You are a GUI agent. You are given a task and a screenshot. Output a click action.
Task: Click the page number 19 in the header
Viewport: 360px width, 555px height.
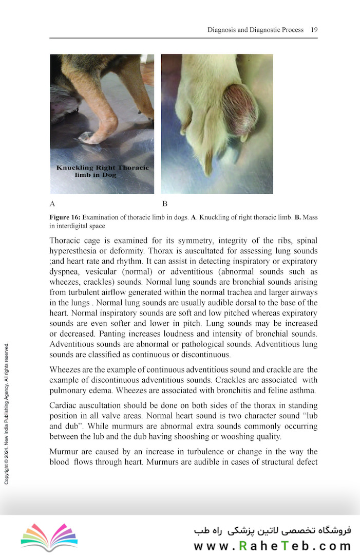314,30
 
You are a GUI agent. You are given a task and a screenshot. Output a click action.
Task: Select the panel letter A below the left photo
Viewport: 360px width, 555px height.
52,203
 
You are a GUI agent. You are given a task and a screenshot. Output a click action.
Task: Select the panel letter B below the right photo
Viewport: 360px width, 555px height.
165,203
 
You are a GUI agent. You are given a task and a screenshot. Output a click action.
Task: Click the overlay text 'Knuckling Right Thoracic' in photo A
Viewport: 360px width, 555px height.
102,168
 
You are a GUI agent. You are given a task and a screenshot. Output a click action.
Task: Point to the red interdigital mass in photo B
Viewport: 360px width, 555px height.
240,109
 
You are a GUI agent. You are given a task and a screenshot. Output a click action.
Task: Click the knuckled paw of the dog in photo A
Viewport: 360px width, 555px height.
89,137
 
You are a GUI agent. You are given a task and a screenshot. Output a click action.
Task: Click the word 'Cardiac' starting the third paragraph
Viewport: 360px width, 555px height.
64,403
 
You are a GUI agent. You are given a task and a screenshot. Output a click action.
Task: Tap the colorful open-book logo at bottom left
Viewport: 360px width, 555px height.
49,536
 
